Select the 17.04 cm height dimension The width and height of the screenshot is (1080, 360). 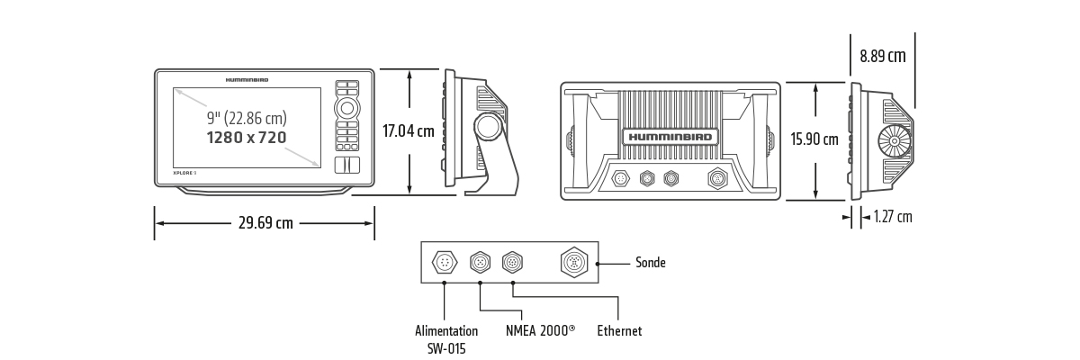point(408,130)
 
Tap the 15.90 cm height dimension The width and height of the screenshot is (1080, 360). point(814,139)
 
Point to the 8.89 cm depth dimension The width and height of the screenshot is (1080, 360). point(882,56)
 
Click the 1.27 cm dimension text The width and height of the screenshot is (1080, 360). point(893,217)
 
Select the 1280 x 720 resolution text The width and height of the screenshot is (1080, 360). point(247,138)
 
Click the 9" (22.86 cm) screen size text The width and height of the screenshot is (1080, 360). point(247,118)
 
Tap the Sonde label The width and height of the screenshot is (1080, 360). point(651,263)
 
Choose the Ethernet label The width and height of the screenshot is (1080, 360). point(619,331)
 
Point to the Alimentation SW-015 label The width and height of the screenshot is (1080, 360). point(446,339)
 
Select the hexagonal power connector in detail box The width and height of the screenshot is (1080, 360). point(445,263)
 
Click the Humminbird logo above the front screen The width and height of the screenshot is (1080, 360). point(247,79)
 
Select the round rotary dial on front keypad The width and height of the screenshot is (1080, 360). point(347,109)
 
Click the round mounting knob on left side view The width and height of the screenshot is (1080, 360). point(489,127)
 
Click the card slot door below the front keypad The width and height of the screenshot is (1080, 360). point(347,165)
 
